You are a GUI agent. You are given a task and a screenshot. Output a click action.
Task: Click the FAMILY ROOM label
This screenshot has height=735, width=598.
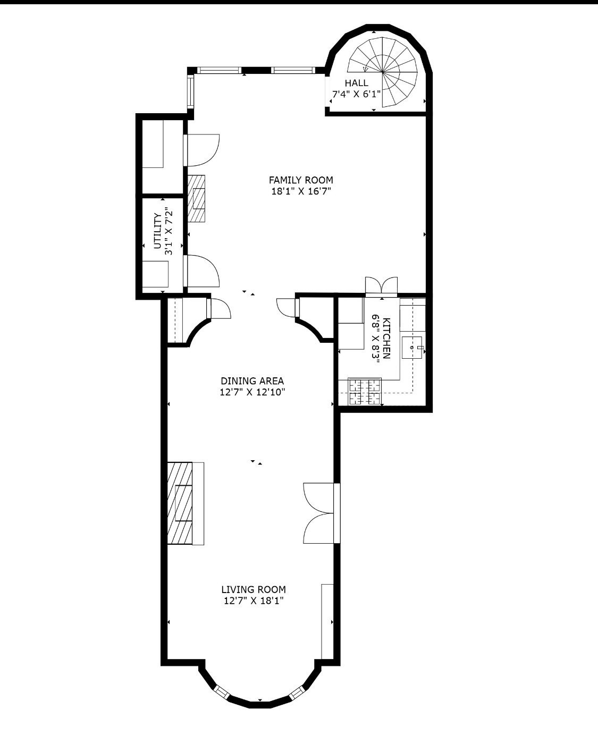[x=300, y=180]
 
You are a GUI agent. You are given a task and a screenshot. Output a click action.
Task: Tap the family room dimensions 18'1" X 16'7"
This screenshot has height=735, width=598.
[x=300, y=192]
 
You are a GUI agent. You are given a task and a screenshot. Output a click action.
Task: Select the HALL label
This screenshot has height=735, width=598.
[x=356, y=83]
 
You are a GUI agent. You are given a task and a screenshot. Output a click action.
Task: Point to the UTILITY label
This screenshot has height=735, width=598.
[x=157, y=231]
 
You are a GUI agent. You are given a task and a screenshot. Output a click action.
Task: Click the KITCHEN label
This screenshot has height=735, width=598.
[x=386, y=339]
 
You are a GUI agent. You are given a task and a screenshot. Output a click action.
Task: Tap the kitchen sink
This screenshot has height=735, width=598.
[x=413, y=347]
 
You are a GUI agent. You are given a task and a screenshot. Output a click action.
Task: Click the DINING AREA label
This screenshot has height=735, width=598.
[x=252, y=381]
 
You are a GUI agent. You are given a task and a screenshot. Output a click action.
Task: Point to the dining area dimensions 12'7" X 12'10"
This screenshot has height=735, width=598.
[x=253, y=393]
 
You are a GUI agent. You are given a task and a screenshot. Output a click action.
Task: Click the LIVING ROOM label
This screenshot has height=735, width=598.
[x=254, y=589]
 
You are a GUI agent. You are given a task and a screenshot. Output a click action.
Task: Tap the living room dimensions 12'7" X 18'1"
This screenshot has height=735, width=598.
[x=254, y=601]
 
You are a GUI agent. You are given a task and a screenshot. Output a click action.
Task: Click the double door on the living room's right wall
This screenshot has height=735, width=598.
[x=321, y=513]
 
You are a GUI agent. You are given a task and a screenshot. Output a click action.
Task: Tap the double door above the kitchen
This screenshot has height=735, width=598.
[x=381, y=285]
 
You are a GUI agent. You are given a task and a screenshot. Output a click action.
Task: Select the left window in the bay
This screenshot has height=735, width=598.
[x=221, y=692]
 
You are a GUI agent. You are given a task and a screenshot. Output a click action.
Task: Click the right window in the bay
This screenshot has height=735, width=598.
[x=297, y=692]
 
